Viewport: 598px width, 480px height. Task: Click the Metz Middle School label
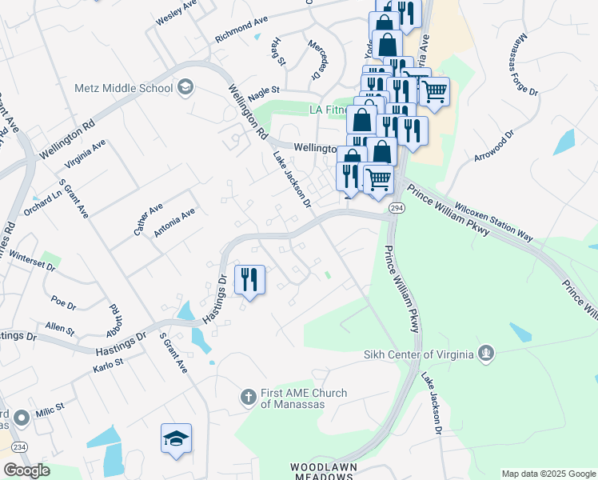(x=123, y=88)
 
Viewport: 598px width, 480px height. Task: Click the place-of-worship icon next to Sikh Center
(x=485, y=353)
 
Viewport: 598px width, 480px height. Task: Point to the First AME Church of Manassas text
(x=303, y=398)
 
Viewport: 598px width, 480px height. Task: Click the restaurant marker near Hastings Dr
(x=250, y=280)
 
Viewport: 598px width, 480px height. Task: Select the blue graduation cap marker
(x=176, y=438)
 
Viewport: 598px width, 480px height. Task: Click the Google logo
(x=26, y=470)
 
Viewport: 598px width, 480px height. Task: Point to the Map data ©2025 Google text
(x=548, y=474)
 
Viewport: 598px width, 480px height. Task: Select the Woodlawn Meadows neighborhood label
(x=321, y=470)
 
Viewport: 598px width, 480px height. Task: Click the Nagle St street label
(x=263, y=91)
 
